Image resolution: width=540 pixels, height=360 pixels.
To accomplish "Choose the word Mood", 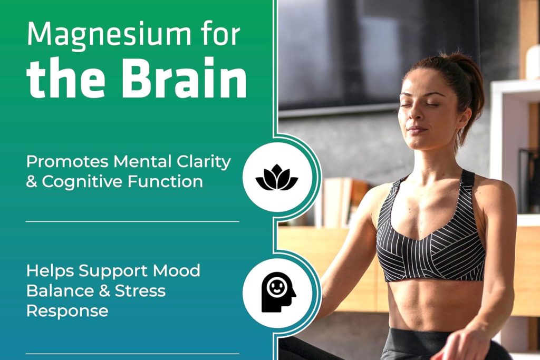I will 177,271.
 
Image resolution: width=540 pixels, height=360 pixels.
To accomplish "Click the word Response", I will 67,310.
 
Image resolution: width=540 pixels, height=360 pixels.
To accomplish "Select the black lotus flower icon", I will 276,177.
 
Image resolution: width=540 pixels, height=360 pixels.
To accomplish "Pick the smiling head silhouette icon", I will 277,292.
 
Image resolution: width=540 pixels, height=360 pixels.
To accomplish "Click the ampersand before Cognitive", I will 32,182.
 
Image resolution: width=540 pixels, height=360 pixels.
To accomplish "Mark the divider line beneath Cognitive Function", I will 132,222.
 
